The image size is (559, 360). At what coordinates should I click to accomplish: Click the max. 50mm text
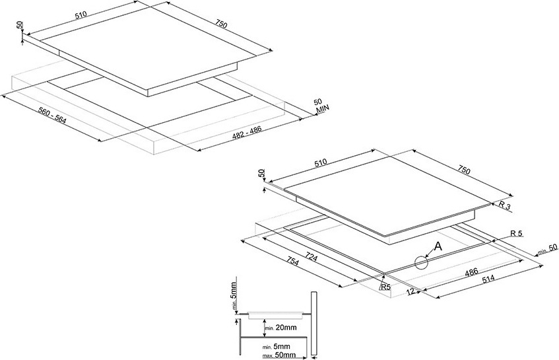coord(279,355)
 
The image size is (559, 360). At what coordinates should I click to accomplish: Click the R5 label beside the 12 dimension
coord(385,288)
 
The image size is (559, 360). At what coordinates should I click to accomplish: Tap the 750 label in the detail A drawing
coord(464,171)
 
